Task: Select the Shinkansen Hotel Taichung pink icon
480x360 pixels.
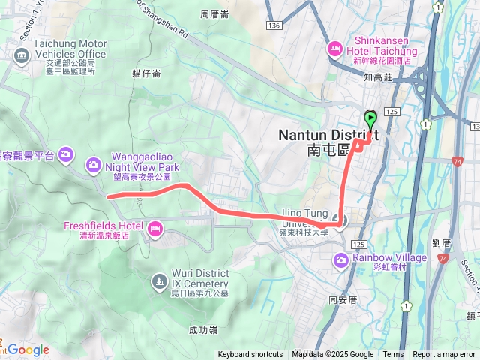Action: click(334, 49)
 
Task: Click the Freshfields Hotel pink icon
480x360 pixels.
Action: click(155, 227)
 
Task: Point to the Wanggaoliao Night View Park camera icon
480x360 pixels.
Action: click(94, 163)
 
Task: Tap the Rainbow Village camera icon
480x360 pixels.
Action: click(340, 259)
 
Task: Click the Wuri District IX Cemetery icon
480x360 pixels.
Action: click(159, 282)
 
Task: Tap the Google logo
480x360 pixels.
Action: click(28, 349)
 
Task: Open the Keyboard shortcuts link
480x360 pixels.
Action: click(250, 355)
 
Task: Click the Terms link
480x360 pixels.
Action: click(393, 355)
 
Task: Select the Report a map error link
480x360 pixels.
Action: click(444, 355)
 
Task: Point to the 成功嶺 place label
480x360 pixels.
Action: click(203, 329)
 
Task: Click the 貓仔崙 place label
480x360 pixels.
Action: click(145, 73)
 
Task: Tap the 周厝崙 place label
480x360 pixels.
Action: click(214, 14)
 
